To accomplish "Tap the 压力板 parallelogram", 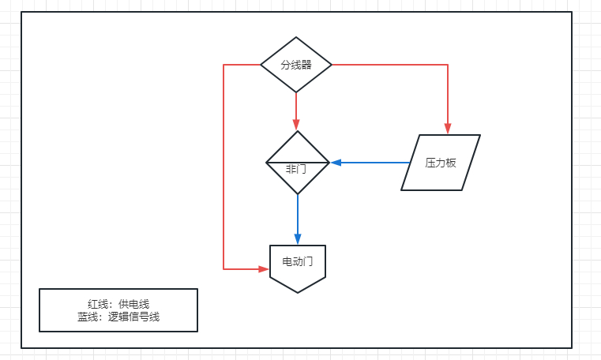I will tap(441, 163).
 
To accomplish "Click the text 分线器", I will tap(296, 65).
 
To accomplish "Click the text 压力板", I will tap(441, 163).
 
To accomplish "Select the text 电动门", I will tap(298, 261).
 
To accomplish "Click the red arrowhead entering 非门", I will tap(296, 125).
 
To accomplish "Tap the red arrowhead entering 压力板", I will tap(448, 129).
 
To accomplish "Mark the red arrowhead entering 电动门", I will tap(264, 269).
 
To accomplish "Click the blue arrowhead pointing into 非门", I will tap(336, 163).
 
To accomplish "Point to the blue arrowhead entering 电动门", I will tap(298, 238).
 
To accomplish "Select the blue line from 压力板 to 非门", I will tap(371, 163).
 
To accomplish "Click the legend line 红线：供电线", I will tap(118, 304).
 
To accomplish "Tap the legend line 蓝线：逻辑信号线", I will tap(118, 317).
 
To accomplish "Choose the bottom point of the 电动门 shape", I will tap(298, 292).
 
